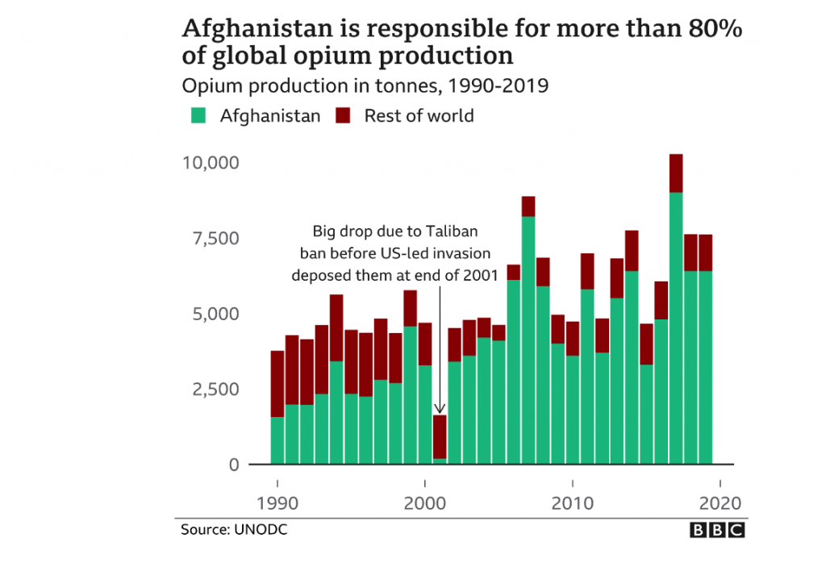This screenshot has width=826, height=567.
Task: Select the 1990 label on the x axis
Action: (277, 503)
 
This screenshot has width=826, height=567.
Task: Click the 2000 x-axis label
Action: (424, 503)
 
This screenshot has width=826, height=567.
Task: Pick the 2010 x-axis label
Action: (572, 503)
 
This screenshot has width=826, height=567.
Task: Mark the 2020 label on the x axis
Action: (719, 503)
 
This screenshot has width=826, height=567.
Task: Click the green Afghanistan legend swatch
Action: (198, 115)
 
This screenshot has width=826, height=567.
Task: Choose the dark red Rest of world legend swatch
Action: (344, 115)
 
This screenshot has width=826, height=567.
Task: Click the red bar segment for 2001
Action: (440, 436)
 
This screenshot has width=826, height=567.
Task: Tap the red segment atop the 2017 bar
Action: (676, 173)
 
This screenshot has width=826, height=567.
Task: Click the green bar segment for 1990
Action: (277, 440)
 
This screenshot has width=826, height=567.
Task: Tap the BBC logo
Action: (717, 530)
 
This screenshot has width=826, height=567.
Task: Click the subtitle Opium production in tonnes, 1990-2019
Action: (365, 85)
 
